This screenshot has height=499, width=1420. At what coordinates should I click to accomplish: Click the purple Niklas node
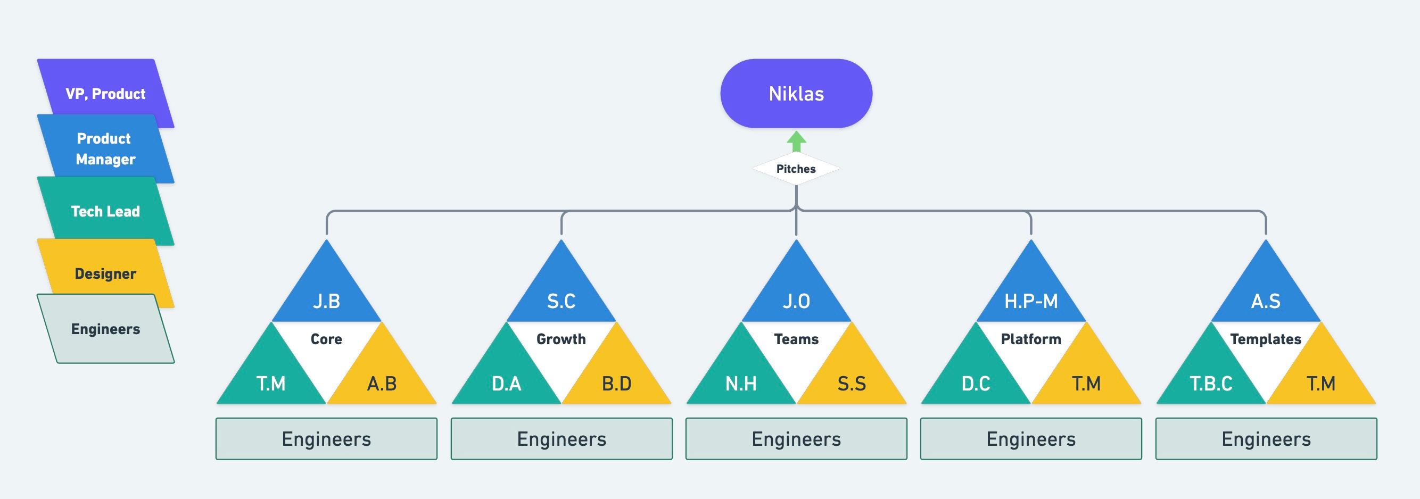point(796,94)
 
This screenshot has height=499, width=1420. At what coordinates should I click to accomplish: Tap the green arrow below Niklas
point(796,142)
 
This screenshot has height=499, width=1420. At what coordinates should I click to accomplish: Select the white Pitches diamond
point(796,169)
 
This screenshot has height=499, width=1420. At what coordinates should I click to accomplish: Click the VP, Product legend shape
point(105,94)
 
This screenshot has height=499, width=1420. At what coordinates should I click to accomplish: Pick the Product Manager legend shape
point(105,149)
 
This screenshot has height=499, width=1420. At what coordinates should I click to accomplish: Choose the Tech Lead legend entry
point(105,211)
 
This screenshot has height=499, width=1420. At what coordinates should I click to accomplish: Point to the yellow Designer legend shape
point(105,273)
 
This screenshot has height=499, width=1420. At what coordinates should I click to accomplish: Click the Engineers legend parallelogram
point(105,329)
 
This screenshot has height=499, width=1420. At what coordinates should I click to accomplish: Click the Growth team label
point(561,339)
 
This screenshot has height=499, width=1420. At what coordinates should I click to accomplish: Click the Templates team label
point(1266,339)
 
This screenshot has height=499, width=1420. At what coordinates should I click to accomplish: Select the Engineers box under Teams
point(796,439)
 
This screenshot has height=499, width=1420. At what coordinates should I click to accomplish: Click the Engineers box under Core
point(326,439)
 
